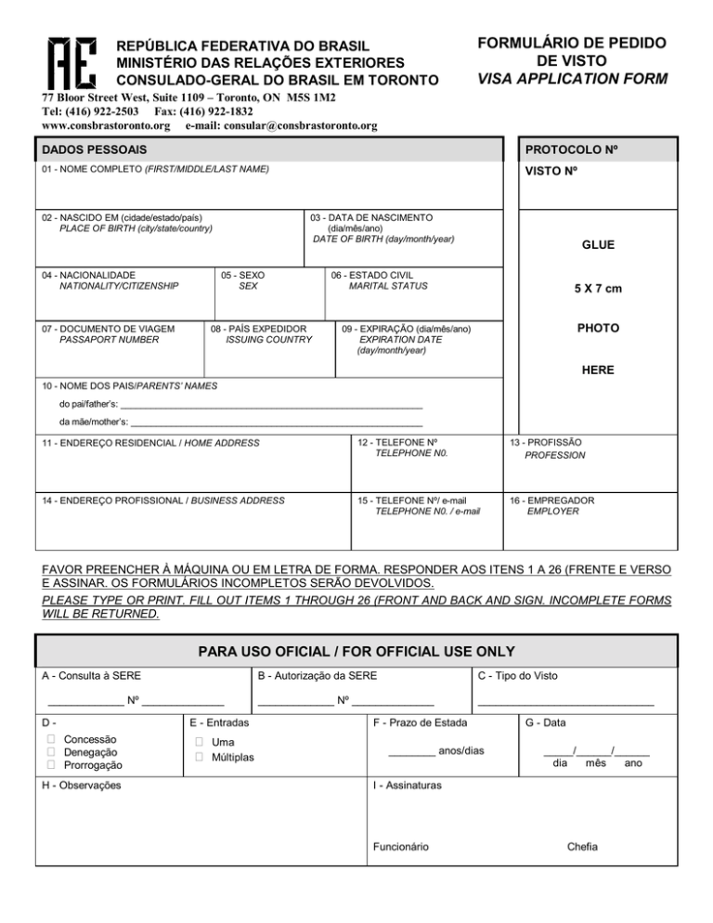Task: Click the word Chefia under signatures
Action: coord(582,846)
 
